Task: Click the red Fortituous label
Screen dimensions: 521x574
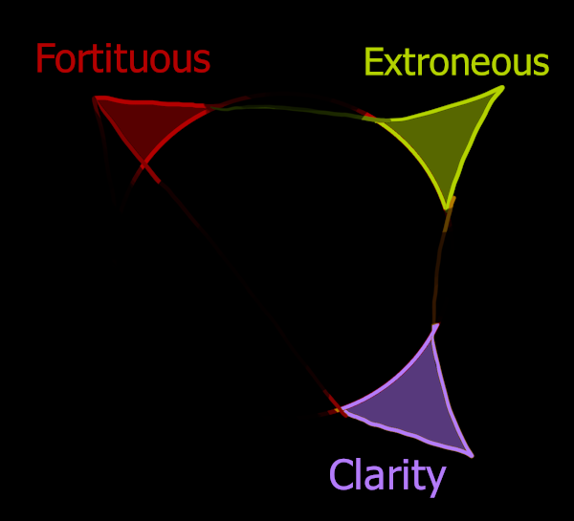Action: pyautogui.click(x=122, y=59)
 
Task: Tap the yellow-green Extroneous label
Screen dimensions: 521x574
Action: pyautogui.click(x=456, y=63)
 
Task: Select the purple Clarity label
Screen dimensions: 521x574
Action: pyautogui.click(x=387, y=475)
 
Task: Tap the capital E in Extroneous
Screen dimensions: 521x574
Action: pyautogui.click(x=374, y=63)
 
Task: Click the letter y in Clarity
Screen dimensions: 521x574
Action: pyautogui.click(x=435, y=478)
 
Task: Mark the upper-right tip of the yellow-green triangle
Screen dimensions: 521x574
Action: pyautogui.click(x=501, y=88)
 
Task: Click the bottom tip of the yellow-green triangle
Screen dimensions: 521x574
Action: pyautogui.click(x=447, y=207)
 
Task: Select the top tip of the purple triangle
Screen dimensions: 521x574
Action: pyautogui.click(x=436, y=327)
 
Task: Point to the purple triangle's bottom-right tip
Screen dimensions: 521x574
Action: pyautogui.click(x=471, y=455)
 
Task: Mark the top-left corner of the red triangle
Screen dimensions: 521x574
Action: pyautogui.click(x=95, y=98)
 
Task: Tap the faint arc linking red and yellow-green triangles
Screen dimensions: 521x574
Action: pyautogui.click(x=287, y=106)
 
